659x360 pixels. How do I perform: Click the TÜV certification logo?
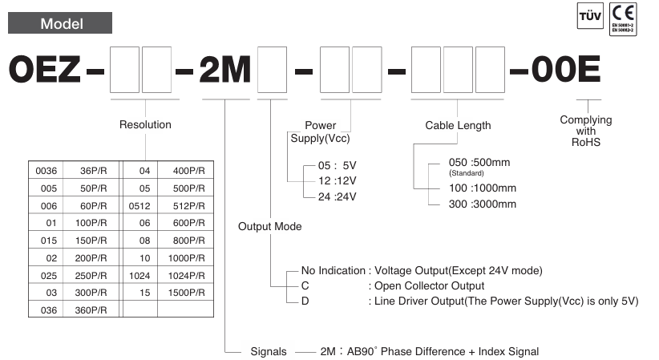pos(588,17)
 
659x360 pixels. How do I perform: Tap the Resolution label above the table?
pos(145,124)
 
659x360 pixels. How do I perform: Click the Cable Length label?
pos(458,125)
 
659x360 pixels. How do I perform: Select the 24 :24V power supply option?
pos(335,196)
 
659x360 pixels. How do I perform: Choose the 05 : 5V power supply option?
pos(335,167)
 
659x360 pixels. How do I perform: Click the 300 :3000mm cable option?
pos(483,204)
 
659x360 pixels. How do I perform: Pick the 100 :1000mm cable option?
pos(483,188)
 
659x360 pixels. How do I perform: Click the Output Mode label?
pos(270,226)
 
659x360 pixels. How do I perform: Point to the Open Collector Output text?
pos(427,285)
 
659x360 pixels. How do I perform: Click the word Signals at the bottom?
pos(269,351)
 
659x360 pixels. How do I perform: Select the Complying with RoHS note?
pos(585,131)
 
